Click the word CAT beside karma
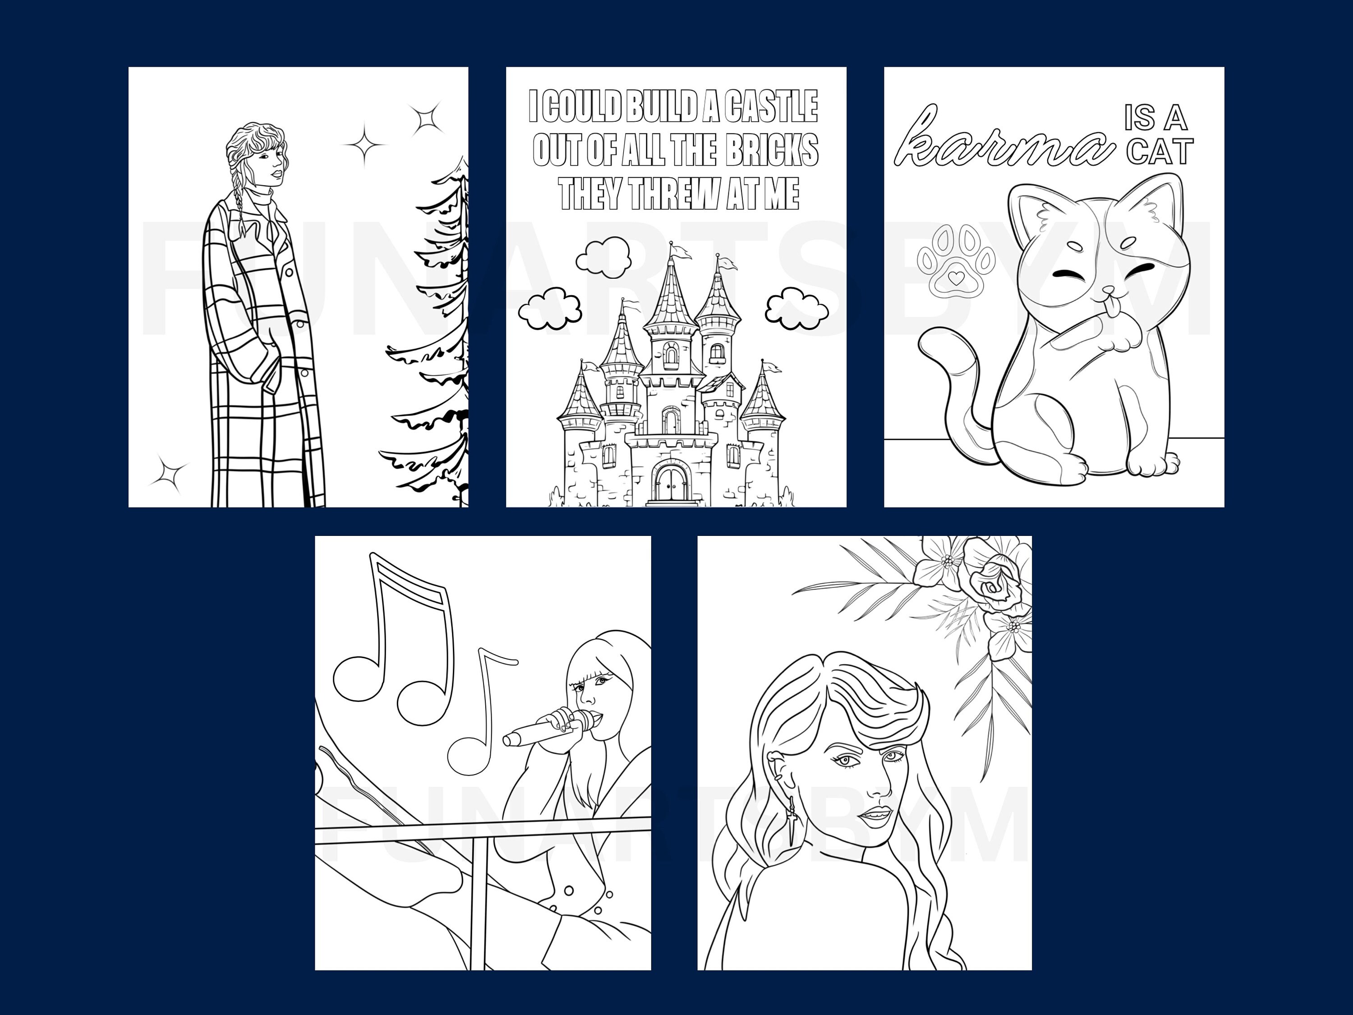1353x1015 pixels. (x=1160, y=152)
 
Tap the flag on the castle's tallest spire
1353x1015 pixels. (x=680, y=250)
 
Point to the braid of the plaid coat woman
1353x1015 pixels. (x=237, y=196)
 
